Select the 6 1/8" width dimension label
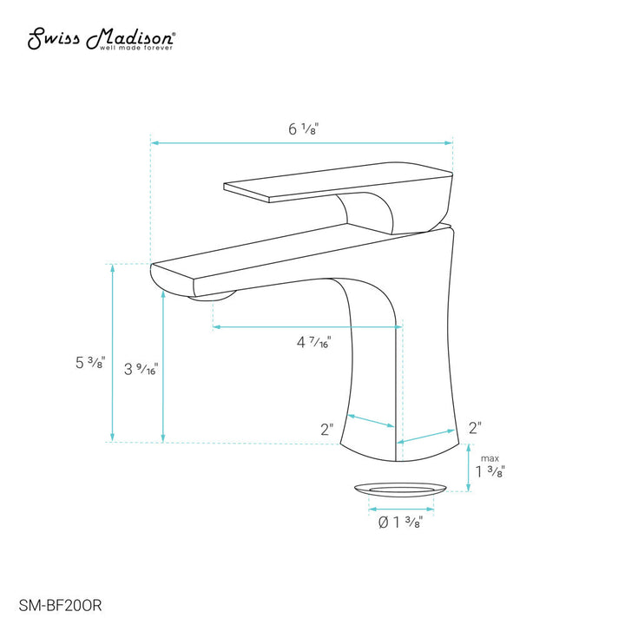pos(303,128)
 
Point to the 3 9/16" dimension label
pos(142,370)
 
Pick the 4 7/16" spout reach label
pos(313,343)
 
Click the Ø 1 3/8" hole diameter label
pos(402,522)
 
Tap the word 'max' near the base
pos(490,457)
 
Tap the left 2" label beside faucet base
pos(326,429)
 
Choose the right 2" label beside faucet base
pos(475,427)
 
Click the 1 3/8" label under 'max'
pos(490,472)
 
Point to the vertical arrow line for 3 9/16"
pos(162,365)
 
